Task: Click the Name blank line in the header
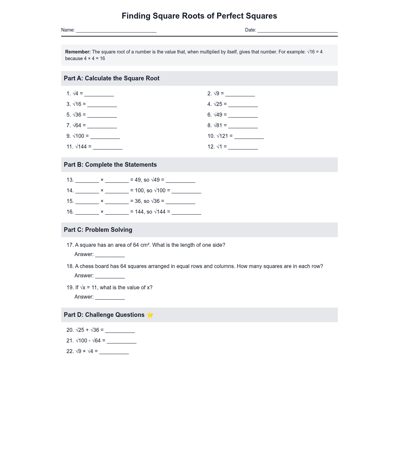pyautogui.click(x=116, y=31)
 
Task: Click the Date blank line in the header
pyautogui.click(x=298, y=31)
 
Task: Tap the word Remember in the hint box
pyautogui.click(x=78, y=52)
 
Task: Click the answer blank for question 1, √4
pyautogui.click(x=99, y=94)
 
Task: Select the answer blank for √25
pyautogui.click(x=243, y=105)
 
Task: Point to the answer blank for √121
pyautogui.click(x=249, y=137)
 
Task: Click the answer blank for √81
pyautogui.click(x=243, y=126)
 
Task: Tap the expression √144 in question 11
pyautogui.click(x=81, y=146)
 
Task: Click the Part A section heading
pyautogui.click(x=112, y=78)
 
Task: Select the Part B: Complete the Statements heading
pyautogui.click(x=110, y=165)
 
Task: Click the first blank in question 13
pyautogui.click(x=87, y=181)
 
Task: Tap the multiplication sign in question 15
pyautogui.click(x=102, y=201)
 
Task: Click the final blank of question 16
pyautogui.click(x=187, y=213)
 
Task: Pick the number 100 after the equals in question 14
pyautogui.click(x=139, y=191)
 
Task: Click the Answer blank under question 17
pyautogui.click(x=110, y=255)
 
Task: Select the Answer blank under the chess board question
pyautogui.click(x=110, y=276)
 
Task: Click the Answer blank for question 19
pyautogui.click(x=110, y=298)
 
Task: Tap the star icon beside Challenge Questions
pyautogui.click(x=150, y=315)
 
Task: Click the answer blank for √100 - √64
pyautogui.click(x=122, y=341)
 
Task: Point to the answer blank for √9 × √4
pyautogui.click(x=114, y=352)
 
